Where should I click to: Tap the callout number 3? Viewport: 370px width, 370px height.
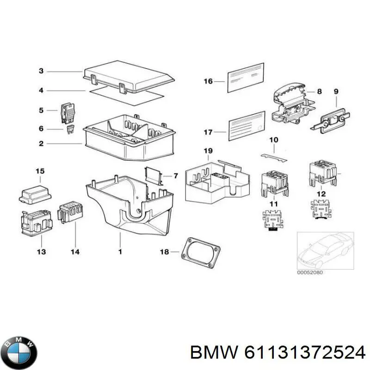click(x=41, y=71)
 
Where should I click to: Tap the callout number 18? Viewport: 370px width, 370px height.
click(x=163, y=252)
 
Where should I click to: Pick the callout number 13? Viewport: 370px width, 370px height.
click(x=41, y=252)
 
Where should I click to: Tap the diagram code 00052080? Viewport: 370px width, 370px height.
click(x=309, y=272)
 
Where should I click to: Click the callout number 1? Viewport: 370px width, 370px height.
click(x=120, y=252)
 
